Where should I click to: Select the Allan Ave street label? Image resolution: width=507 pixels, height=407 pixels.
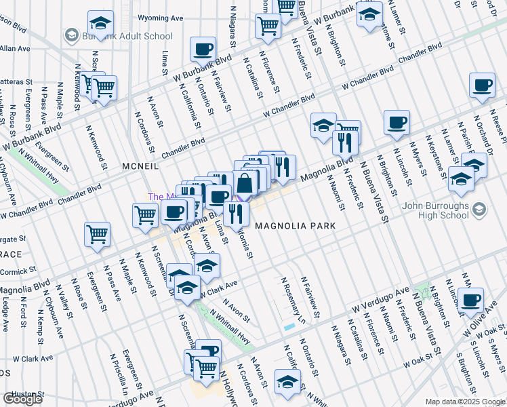[15, 49]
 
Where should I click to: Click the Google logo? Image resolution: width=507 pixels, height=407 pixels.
[22, 400]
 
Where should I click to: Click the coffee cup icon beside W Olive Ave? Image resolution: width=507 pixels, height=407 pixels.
[470, 299]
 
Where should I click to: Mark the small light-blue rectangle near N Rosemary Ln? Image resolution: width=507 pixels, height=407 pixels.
[289, 327]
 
